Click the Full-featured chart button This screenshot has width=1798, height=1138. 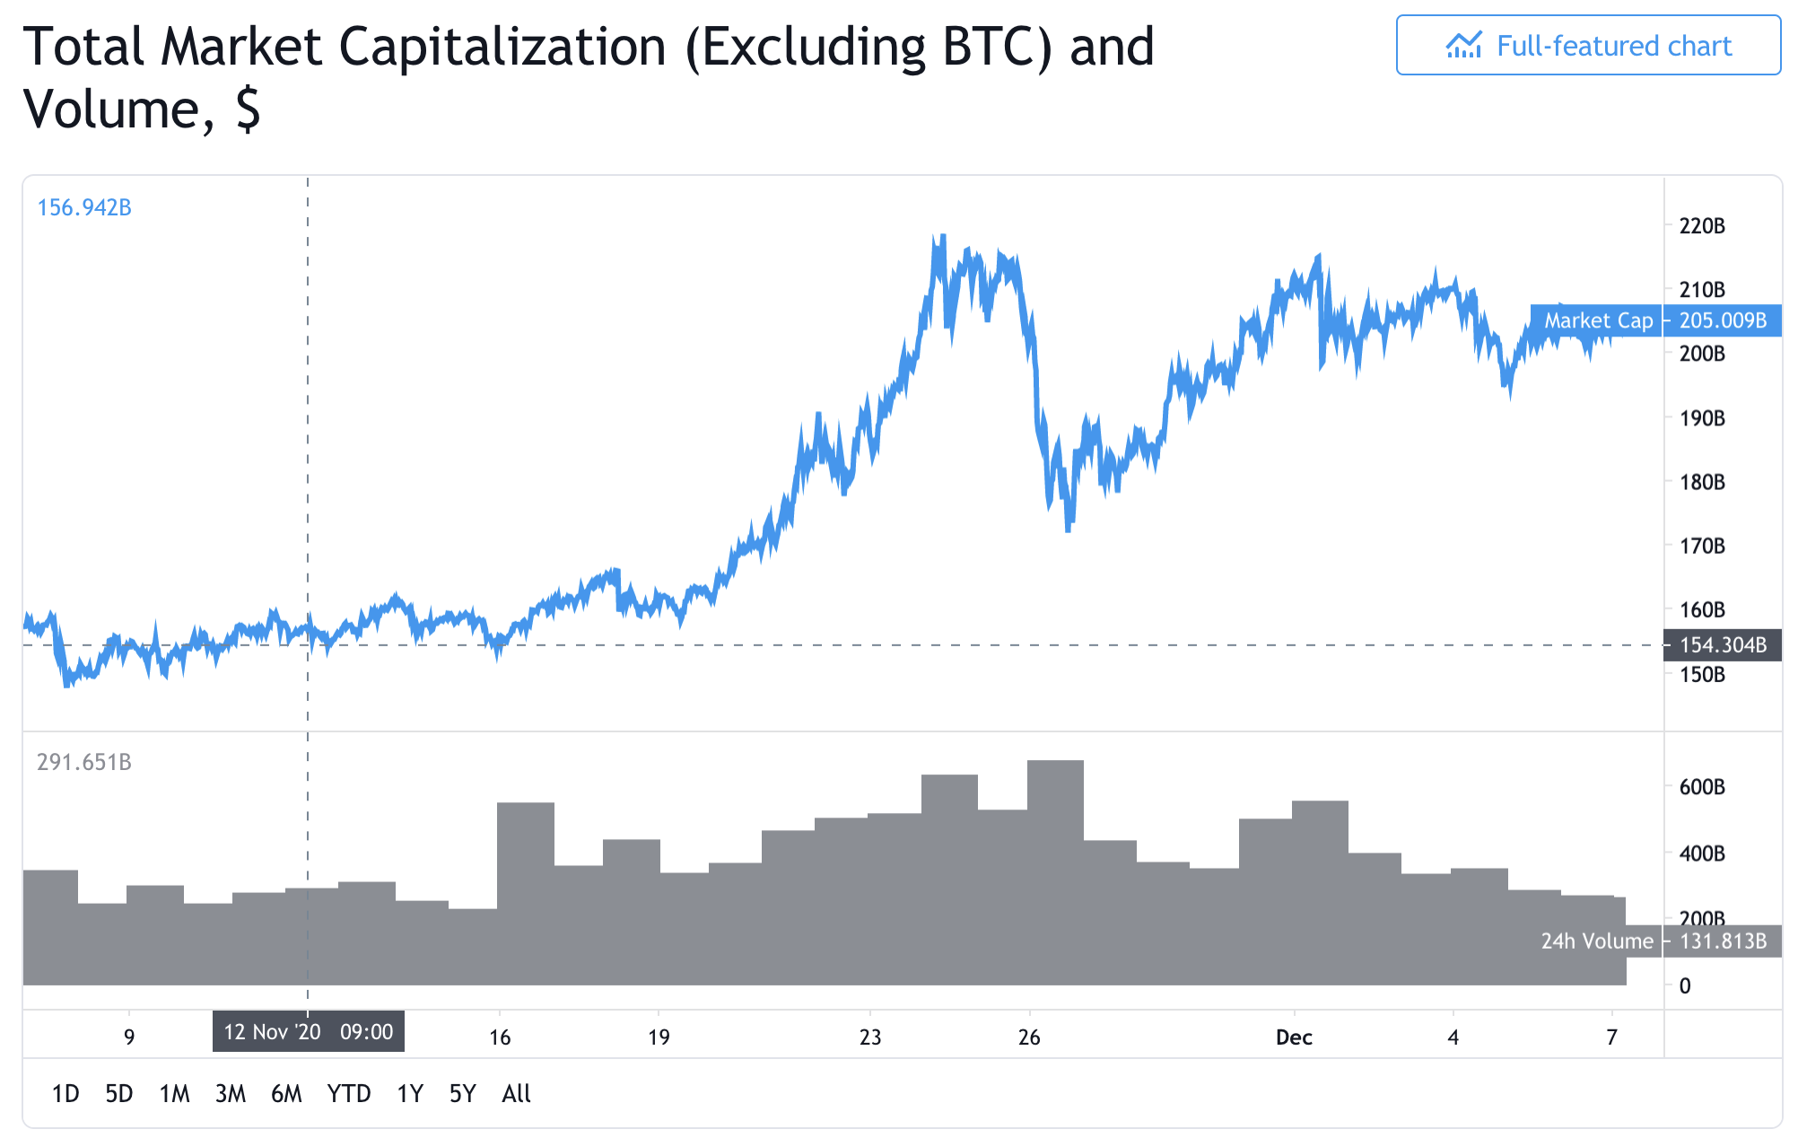coord(1587,46)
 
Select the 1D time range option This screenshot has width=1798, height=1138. coord(65,1093)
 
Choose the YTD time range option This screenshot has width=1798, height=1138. coord(349,1093)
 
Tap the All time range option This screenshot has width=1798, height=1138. coord(516,1093)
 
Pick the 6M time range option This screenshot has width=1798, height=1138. coord(286,1093)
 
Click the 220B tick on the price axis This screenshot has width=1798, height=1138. coord(1702,226)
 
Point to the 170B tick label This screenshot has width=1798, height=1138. coord(1702,546)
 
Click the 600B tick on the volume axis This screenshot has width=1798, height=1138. coord(1702,787)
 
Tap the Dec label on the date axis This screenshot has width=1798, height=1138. coord(1294,1037)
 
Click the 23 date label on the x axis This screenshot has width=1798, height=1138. coord(869,1037)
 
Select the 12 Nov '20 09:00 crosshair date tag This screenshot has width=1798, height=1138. coord(309,1031)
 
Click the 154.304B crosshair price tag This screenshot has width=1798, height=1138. coord(1723,645)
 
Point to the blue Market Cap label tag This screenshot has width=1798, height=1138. coord(1598,320)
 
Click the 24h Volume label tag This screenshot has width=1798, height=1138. coord(1597,941)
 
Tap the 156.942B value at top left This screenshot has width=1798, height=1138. coord(84,207)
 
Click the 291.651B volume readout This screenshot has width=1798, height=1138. coord(84,762)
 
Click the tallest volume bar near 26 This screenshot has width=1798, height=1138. coord(1055,871)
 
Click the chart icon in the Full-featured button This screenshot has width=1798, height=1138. coord(1463,46)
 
